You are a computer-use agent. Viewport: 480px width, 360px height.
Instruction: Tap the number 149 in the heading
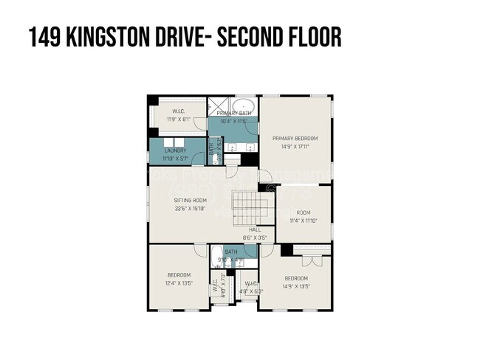point(44,36)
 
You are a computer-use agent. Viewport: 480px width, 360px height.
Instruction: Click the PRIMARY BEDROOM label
point(295,138)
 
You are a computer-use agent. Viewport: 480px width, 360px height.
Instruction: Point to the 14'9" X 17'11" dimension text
point(295,146)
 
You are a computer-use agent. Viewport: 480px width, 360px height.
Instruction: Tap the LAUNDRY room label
point(175,150)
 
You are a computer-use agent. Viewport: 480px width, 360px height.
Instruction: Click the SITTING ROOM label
point(190,200)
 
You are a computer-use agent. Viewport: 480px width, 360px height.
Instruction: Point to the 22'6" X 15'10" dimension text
point(190,208)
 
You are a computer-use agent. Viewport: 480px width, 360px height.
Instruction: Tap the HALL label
point(255,229)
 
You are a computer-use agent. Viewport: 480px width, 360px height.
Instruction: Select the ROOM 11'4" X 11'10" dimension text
point(304,220)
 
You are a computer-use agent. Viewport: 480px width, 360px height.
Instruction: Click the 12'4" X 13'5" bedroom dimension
point(179,283)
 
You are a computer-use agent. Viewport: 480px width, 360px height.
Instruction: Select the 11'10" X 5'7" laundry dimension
point(175,157)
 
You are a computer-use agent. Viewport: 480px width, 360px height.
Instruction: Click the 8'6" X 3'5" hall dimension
point(255,238)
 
